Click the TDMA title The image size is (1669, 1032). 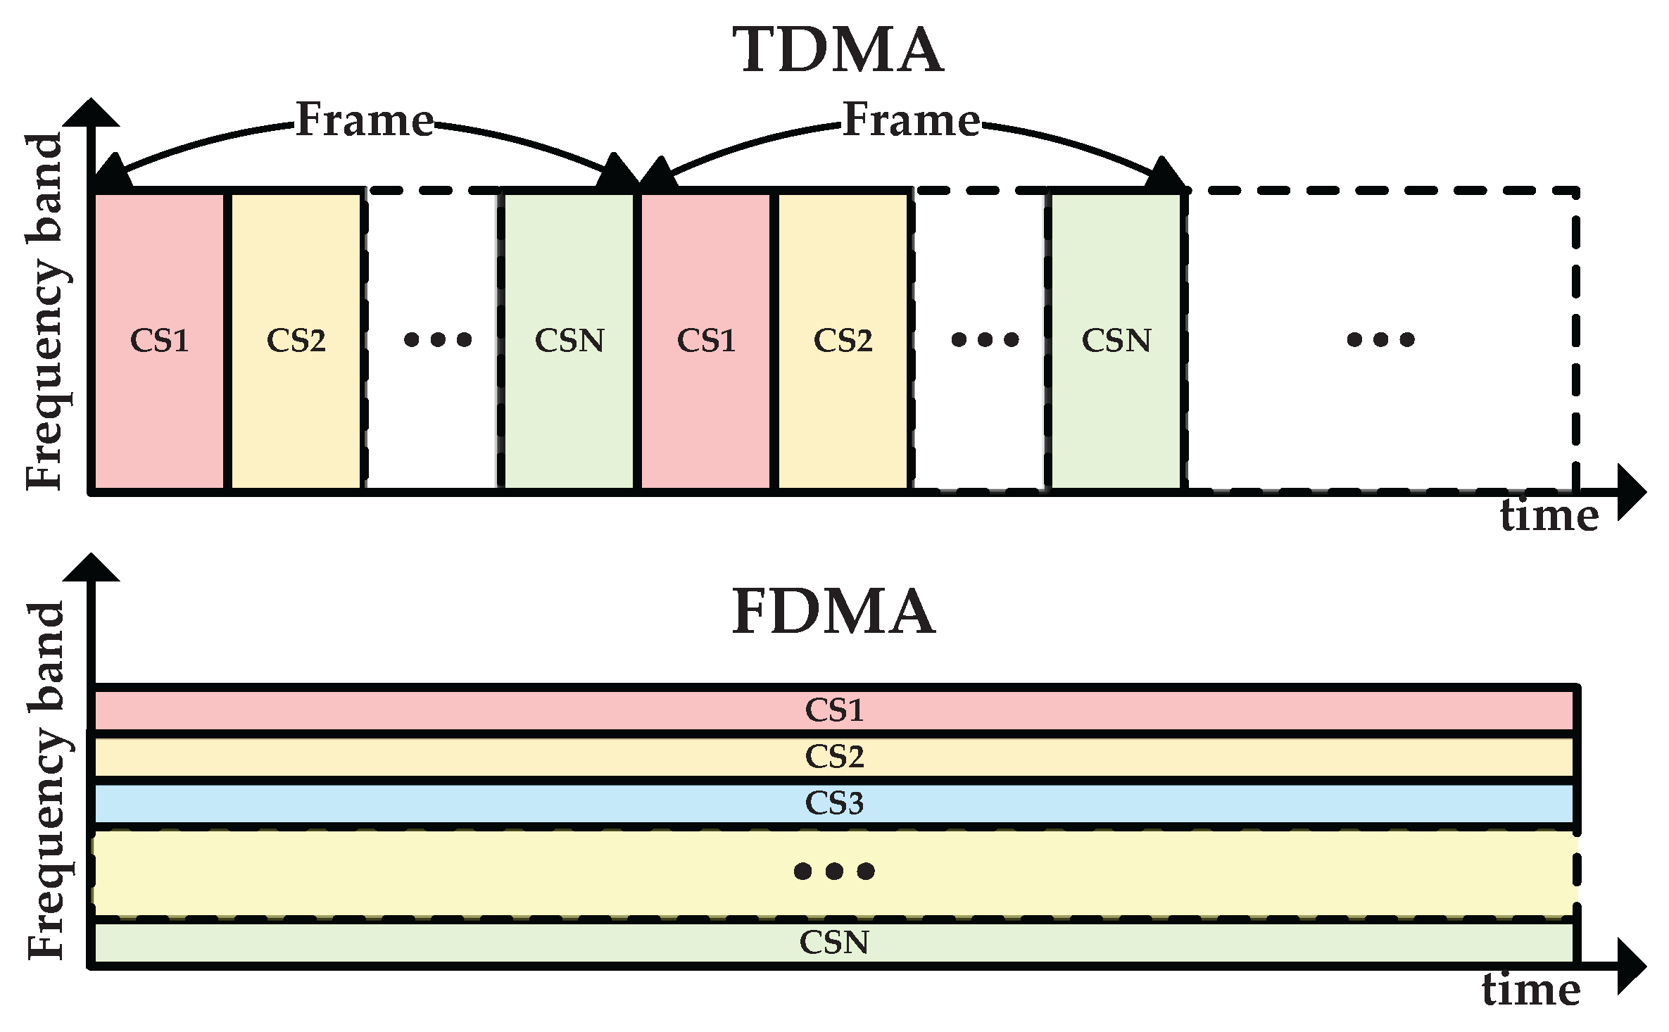pos(838,49)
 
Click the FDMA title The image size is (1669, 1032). pos(834,611)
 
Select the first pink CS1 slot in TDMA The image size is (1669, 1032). pos(160,341)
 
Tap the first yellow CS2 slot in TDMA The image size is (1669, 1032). pos(296,341)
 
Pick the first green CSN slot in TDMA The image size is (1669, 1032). pos(569,341)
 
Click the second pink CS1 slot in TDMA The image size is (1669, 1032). pos(706,341)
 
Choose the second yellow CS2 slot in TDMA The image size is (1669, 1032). pos(843,341)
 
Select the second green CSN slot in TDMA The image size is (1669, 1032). pos(1116,341)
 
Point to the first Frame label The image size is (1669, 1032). pos(365,120)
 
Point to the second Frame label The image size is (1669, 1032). pos(912,120)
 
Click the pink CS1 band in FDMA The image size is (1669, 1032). pos(834,710)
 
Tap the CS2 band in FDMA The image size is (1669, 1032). pos(834,757)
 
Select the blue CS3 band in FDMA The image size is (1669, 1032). pos(834,803)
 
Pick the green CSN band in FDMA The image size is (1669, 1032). pos(834,943)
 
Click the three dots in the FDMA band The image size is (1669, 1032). pos(834,871)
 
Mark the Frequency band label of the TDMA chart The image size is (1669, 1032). pos(45,311)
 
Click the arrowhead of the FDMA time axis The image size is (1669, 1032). pos(1632,966)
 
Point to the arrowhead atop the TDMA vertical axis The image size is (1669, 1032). pos(91,113)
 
